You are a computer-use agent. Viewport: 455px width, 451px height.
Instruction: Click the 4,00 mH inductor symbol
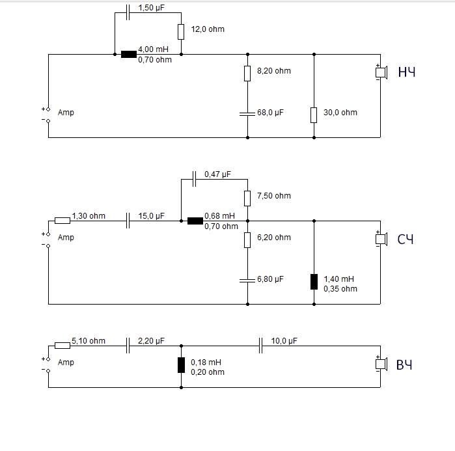[129, 54]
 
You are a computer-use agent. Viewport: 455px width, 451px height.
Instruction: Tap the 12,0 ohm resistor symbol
[181, 31]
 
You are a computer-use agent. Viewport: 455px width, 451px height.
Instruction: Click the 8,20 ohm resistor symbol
[247, 73]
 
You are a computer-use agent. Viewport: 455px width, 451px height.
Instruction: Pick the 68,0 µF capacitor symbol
[247, 113]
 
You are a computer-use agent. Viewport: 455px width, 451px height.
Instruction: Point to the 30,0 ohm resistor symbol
[314, 115]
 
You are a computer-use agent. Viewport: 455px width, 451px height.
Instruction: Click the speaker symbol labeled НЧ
[381, 72]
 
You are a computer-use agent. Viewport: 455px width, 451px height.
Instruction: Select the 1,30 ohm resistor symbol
[62, 221]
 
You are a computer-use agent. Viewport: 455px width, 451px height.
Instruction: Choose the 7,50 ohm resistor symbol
[247, 197]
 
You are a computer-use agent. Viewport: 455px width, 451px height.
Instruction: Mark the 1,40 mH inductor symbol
[314, 281]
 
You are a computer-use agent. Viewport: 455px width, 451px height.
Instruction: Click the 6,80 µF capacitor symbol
[247, 279]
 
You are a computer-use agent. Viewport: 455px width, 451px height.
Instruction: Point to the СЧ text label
[406, 239]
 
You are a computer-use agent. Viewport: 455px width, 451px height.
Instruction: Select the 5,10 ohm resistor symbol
[62, 346]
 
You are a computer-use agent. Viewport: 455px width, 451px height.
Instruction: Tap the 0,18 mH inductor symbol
[181, 364]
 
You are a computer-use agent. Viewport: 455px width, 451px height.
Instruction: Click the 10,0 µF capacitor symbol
[261, 346]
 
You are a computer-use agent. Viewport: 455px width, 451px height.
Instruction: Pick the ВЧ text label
[405, 364]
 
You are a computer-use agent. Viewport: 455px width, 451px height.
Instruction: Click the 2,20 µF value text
[152, 340]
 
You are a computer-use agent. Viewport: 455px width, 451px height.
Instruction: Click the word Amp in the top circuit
[66, 113]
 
